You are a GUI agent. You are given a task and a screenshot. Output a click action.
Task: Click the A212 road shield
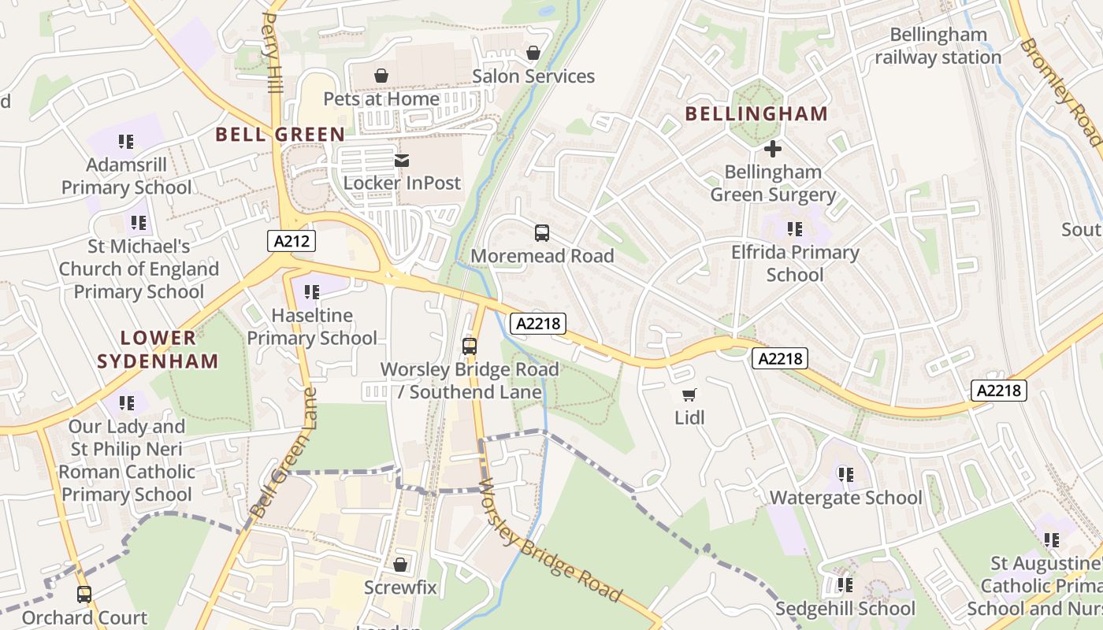(x=292, y=241)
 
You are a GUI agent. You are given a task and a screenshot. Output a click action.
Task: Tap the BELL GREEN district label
(x=280, y=134)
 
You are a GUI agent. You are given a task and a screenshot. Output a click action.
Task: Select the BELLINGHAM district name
(x=756, y=113)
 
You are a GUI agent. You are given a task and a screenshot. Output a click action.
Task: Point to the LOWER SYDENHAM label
(x=169, y=350)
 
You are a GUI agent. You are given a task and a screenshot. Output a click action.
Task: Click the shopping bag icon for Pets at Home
(x=381, y=76)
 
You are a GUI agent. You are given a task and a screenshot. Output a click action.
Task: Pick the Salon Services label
(x=533, y=76)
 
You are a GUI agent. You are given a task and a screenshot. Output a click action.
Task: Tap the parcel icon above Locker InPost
(x=402, y=161)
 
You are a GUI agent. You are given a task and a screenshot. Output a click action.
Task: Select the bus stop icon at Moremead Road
(x=542, y=233)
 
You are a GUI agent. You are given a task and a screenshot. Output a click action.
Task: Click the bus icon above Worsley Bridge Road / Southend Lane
(x=470, y=346)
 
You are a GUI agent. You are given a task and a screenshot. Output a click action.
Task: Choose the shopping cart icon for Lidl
(x=689, y=395)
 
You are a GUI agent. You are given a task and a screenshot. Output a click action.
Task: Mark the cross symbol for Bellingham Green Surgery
(x=773, y=148)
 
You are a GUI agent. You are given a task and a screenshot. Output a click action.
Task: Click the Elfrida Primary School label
(x=795, y=263)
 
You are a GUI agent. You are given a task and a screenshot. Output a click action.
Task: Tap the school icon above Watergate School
(x=845, y=475)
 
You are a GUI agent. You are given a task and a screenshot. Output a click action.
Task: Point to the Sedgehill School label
(x=845, y=609)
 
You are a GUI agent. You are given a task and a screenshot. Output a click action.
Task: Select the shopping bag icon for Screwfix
(x=400, y=565)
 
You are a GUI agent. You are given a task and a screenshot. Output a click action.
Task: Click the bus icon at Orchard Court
(x=84, y=595)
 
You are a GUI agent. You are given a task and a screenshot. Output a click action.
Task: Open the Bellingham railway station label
(x=938, y=46)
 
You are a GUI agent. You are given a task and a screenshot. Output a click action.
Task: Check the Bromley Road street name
(x=1060, y=91)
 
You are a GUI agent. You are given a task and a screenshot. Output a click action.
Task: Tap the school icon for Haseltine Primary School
(x=312, y=292)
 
